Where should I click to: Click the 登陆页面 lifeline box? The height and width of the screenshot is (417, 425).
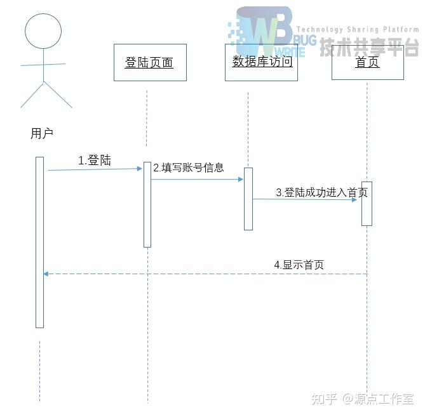pyautogui.click(x=150, y=62)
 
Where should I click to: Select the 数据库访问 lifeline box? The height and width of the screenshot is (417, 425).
pyautogui.click(x=261, y=62)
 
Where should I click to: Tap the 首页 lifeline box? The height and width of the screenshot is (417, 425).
pyautogui.click(x=367, y=62)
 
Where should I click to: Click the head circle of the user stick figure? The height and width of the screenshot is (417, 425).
pyautogui.click(x=43, y=31)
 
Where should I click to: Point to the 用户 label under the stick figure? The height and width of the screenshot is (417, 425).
pyautogui.click(x=42, y=133)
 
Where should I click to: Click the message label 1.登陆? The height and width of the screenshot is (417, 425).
pyautogui.click(x=95, y=161)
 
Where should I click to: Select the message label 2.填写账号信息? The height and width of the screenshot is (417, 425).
pyautogui.click(x=188, y=168)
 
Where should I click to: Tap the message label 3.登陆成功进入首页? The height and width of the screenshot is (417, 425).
pyautogui.click(x=321, y=192)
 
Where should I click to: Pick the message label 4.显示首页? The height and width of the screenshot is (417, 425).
pyautogui.click(x=299, y=265)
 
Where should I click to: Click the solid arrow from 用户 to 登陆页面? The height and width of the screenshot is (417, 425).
pyautogui.click(x=95, y=169)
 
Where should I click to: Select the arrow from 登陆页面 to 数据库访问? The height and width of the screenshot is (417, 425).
pyautogui.click(x=197, y=180)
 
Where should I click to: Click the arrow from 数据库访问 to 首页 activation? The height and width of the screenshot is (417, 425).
pyautogui.click(x=305, y=199)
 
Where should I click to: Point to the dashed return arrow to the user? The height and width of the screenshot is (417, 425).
pyautogui.click(x=203, y=274)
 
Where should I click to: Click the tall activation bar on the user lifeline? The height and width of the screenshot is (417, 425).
pyautogui.click(x=39, y=242)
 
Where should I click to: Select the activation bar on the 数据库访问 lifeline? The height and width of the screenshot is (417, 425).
pyautogui.click(x=248, y=199)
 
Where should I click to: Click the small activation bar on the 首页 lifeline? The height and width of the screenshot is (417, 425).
pyautogui.click(x=367, y=204)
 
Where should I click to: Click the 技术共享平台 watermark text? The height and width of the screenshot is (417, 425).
pyautogui.click(x=369, y=46)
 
